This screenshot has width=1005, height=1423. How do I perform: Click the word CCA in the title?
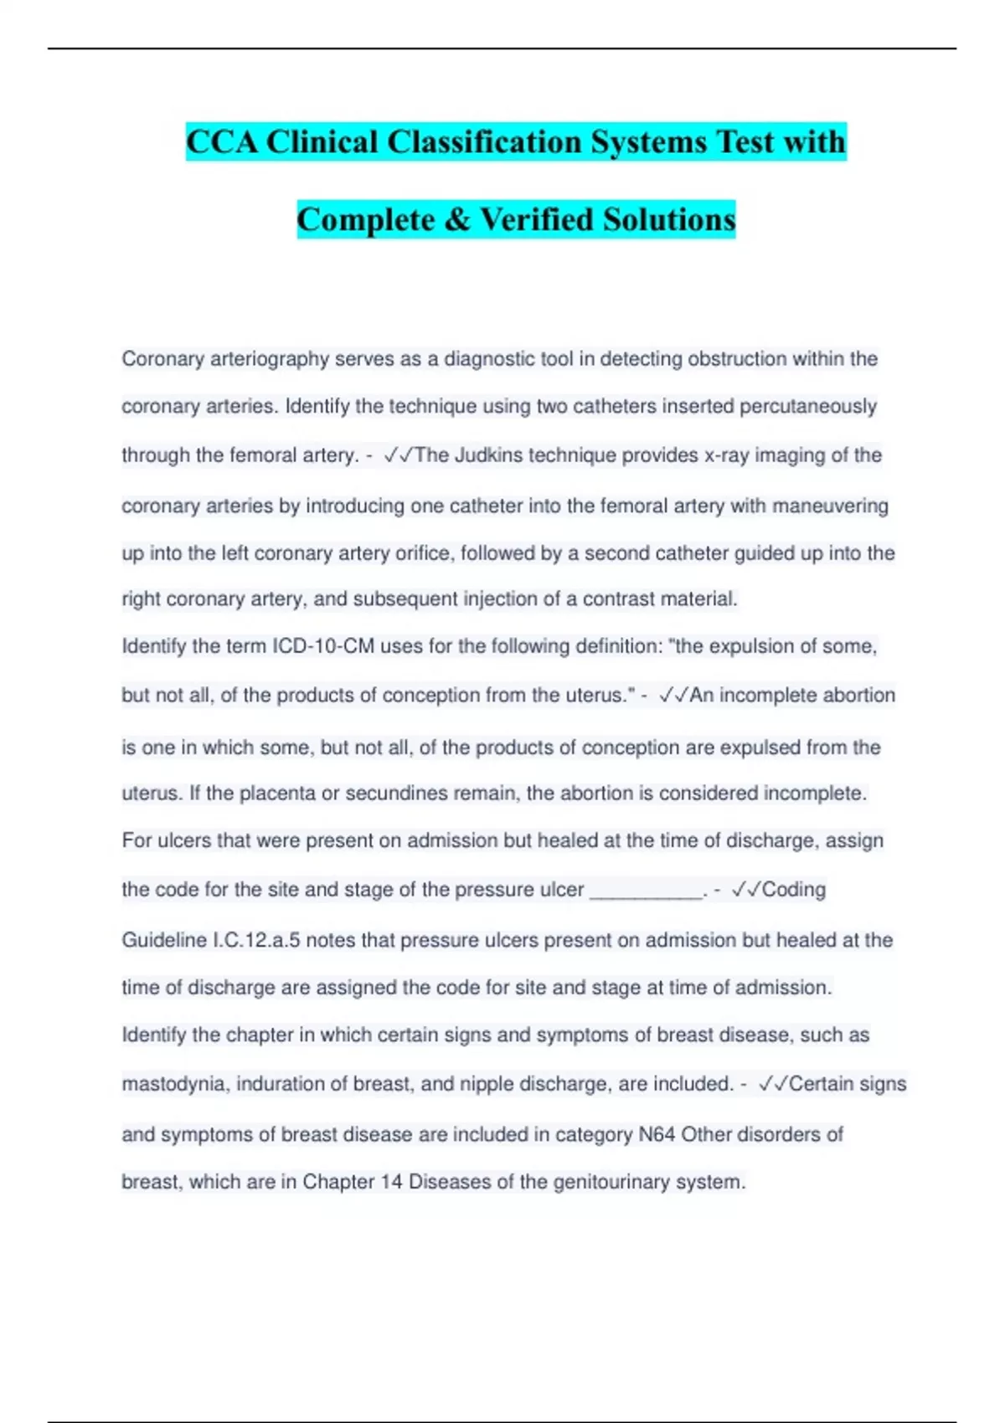point(222,141)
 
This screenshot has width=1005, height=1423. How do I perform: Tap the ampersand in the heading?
point(457,219)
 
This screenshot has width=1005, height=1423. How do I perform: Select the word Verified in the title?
point(536,219)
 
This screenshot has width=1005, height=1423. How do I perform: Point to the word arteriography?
point(269,359)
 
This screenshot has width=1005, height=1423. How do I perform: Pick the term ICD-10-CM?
point(323,646)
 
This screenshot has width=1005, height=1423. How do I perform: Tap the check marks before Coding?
point(745,890)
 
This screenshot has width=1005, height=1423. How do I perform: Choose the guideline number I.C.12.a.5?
point(256,940)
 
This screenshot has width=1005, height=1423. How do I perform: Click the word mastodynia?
point(174,1084)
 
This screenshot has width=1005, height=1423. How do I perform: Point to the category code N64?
point(657,1134)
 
